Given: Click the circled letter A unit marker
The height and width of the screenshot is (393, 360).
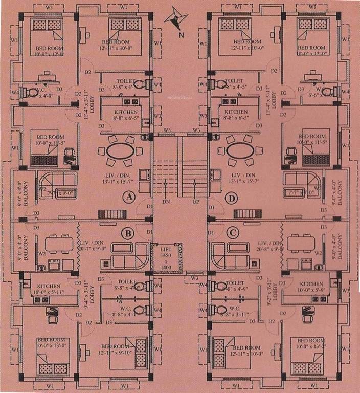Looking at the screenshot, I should pos(128,197).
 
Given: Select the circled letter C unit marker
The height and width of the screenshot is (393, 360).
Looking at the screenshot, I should pos(233,233).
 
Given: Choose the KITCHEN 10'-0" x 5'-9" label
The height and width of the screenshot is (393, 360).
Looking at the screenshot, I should pos(311,287).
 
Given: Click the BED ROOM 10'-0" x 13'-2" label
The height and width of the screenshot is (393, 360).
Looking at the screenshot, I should pos(311,344).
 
